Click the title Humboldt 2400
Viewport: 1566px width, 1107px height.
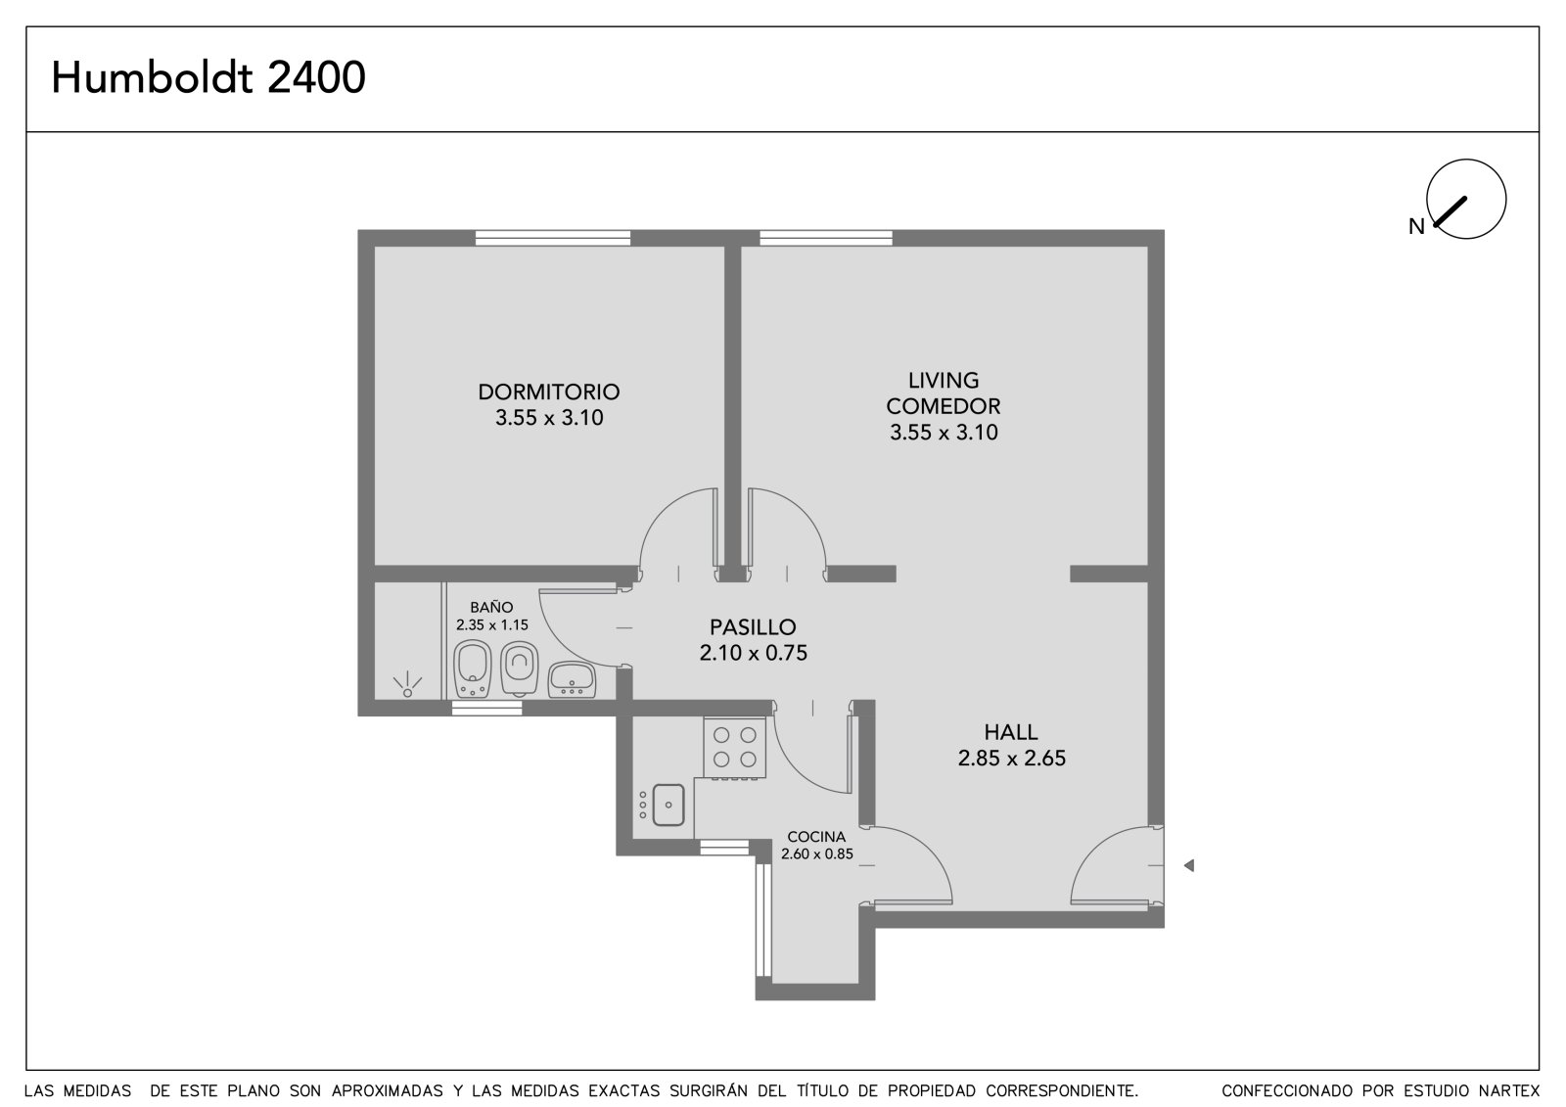click(208, 77)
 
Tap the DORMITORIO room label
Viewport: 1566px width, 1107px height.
click(549, 392)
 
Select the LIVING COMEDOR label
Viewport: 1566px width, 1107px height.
click(944, 393)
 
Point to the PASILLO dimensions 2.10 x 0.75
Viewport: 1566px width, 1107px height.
click(753, 653)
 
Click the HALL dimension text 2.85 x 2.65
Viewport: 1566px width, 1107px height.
click(1012, 758)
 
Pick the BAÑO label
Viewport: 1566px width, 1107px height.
click(491, 607)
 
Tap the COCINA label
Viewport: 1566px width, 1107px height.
click(816, 837)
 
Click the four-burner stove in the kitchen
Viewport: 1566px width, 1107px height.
click(735, 748)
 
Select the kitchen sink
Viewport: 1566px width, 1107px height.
click(668, 805)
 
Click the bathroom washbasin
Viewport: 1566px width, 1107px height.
click(572, 679)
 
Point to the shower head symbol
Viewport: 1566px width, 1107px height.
click(407, 684)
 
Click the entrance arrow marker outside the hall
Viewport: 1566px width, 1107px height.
click(1188, 866)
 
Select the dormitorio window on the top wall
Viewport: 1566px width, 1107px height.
click(553, 238)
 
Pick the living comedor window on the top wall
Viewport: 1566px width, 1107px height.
click(826, 238)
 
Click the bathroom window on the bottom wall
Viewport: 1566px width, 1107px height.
click(486, 708)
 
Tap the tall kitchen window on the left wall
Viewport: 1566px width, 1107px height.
click(763, 920)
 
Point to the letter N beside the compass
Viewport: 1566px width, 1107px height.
click(1416, 226)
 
